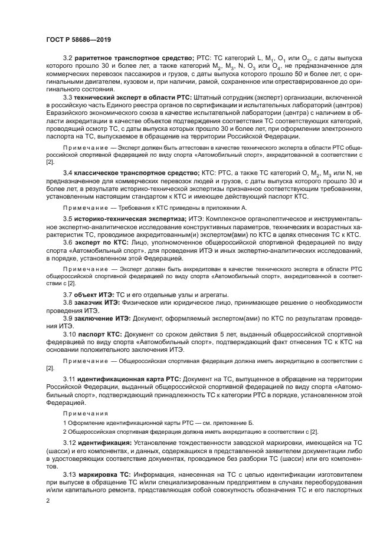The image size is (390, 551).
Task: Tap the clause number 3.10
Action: point(69,333)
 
